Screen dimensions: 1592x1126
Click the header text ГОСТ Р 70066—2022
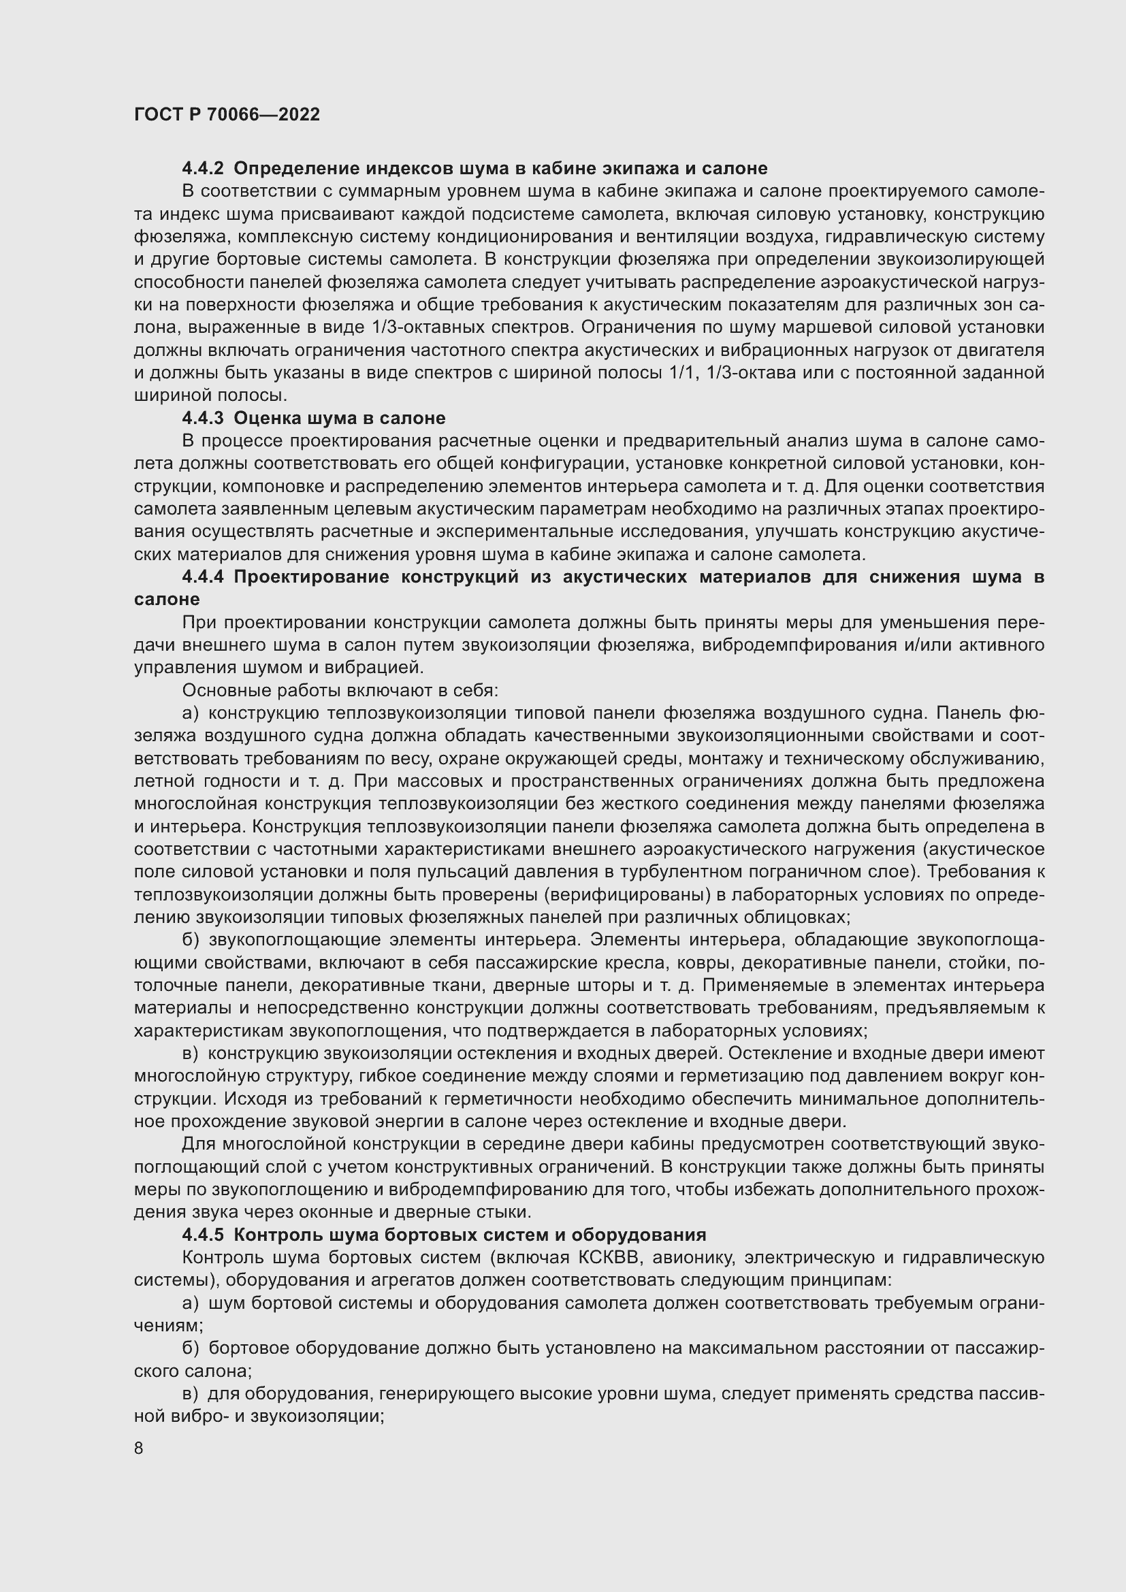pyautogui.click(x=227, y=114)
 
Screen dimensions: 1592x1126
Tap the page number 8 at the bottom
pyautogui.click(x=139, y=1448)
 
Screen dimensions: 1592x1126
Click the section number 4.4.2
pyautogui.click(x=202, y=169)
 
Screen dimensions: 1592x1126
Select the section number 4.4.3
pyautogui.click(x=202, y=418)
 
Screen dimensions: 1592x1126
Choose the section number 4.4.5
pyautogui.click(x=202, y=1235)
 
